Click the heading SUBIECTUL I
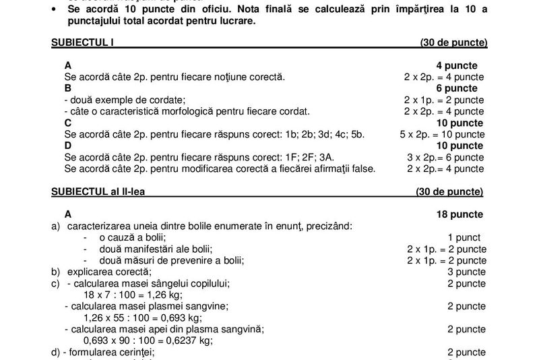(82, 42)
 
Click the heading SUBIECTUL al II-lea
(98, 191)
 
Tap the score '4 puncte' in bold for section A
(457, 65)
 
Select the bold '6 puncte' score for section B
(457, 88)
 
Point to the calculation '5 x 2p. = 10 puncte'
(442, 134)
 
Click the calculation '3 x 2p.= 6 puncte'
(445, 157)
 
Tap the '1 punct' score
(464, 237)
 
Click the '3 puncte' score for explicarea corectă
(466, 272)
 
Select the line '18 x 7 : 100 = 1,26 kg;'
(132, 295)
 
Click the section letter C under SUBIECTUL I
(68, 123)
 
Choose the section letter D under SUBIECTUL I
(68, 146)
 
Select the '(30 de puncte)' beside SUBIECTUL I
(453, 42)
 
